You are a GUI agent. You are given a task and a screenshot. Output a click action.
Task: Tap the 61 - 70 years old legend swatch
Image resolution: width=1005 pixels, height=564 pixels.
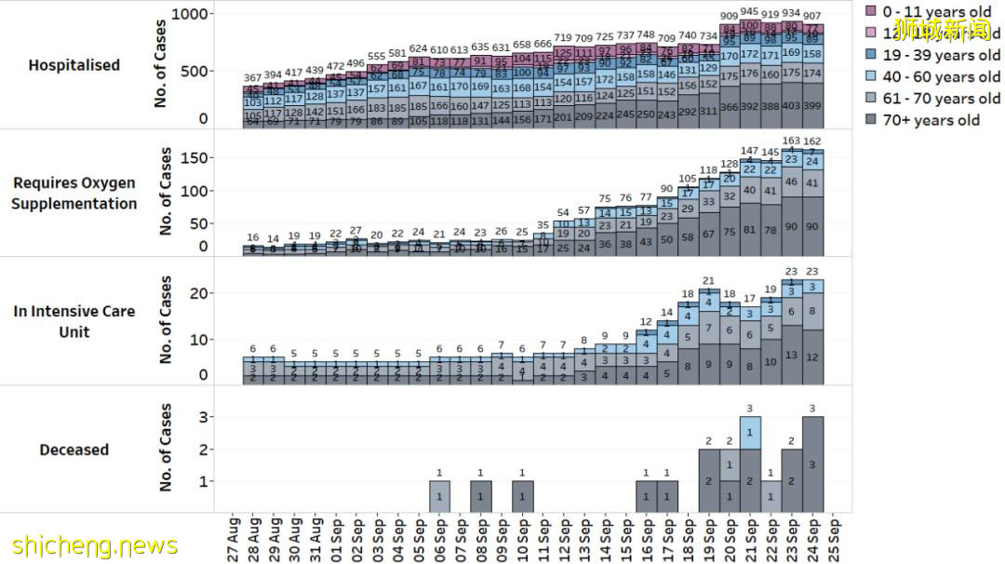tap(871, 99)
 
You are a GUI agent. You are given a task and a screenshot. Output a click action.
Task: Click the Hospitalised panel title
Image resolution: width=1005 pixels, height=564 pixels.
tap(74, 65)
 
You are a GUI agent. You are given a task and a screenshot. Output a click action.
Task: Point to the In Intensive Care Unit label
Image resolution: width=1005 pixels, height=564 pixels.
tap(74, 321)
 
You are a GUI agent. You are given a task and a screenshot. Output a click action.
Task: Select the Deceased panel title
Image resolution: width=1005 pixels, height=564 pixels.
tap(74, 450)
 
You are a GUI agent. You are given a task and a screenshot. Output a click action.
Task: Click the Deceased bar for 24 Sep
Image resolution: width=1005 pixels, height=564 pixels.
tap(812, 463)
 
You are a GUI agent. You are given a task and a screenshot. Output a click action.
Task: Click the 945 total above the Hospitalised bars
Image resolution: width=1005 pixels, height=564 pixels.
tap(749, 12)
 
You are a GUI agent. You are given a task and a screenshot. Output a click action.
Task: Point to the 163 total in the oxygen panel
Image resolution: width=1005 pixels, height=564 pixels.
tap(791, 141)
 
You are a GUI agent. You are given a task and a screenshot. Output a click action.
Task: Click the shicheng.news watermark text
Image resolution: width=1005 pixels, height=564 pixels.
tap(96, 544)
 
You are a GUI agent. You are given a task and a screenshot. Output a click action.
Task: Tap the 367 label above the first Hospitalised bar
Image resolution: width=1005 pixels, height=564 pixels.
tap(253, 77)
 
